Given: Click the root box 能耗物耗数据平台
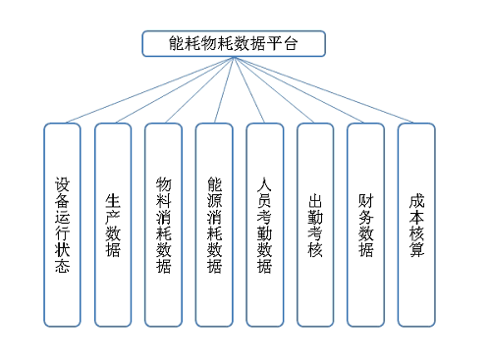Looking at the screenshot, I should coord(233,43).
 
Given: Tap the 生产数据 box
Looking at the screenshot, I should coord(113,225).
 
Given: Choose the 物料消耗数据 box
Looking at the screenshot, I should coord(163,225).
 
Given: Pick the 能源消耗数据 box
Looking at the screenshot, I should coord(214,225).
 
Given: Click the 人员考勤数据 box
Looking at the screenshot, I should coord(264,225).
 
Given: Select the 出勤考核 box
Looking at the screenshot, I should coord(315,225).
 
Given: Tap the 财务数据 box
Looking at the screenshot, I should coord(365,225).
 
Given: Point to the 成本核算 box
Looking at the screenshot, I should coord(416,225).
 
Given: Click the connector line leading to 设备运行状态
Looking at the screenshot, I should coord(147,89).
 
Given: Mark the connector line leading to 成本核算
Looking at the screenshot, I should coord(324,89).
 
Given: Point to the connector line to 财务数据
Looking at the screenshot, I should coord(299,89).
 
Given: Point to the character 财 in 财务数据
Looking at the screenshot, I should coord(365,200).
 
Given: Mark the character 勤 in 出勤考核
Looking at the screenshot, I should coord(315,216).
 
